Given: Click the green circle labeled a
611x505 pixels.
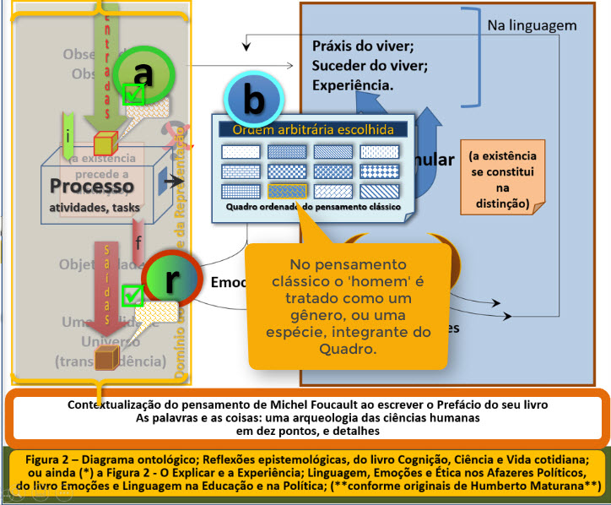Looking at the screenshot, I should coord(143,74).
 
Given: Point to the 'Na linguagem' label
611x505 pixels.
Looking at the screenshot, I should coord(532,26).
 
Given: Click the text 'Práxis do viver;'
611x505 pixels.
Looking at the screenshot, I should coord(363,46).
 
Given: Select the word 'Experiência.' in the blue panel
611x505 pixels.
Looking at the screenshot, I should coord(353,84).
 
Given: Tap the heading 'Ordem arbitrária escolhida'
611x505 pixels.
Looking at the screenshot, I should coord(313,130).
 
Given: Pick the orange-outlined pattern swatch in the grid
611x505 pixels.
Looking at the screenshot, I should coord(287,190).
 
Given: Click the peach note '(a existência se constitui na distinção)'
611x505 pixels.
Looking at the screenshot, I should coord(502,180).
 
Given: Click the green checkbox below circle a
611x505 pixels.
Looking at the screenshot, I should coord(133,95).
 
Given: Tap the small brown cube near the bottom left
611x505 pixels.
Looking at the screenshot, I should coord(105,358).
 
